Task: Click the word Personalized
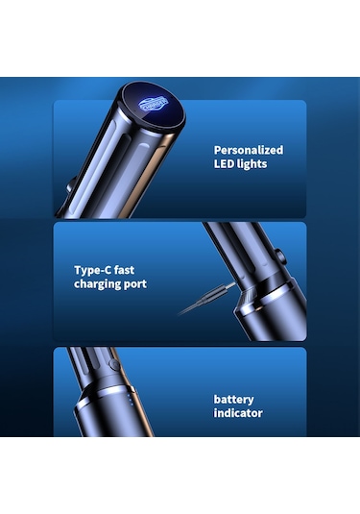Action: [249, 151]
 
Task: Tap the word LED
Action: [225, 164]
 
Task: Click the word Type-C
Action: [91, 270]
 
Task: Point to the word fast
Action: [124, 270]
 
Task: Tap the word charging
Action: [97, 284]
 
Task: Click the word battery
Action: [233, 400]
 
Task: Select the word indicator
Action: [238, 413]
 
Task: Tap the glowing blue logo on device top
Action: [153, 105]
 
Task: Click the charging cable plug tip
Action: [230, 285]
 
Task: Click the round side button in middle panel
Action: [280, 257]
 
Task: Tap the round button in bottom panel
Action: [114, 364]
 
